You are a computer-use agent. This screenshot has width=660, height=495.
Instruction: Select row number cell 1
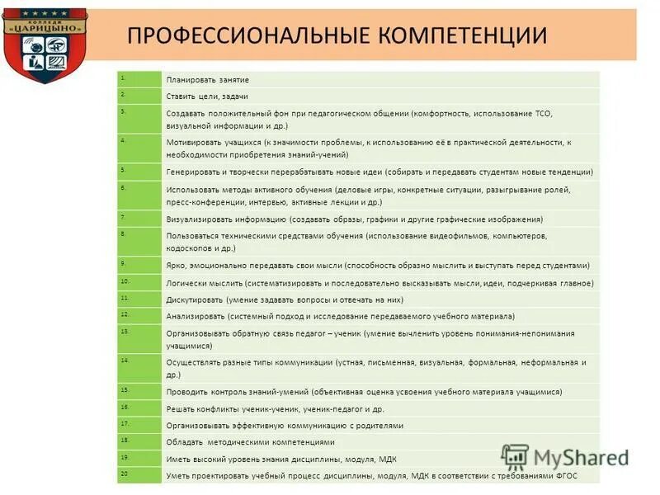139,79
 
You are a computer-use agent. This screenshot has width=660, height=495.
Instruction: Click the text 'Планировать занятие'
207,80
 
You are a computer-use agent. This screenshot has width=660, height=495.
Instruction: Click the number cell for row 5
139,172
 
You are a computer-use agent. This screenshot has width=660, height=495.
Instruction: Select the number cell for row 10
139,283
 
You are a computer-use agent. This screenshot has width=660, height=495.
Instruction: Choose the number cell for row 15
139,392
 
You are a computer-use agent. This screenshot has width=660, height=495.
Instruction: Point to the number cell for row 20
139,475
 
